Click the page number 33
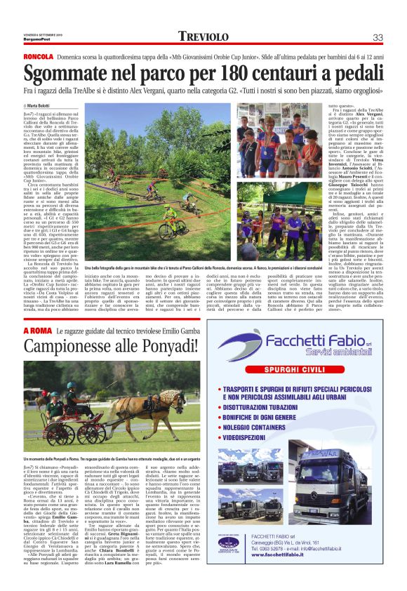coord(377,37)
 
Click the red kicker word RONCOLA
coord(39,55)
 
